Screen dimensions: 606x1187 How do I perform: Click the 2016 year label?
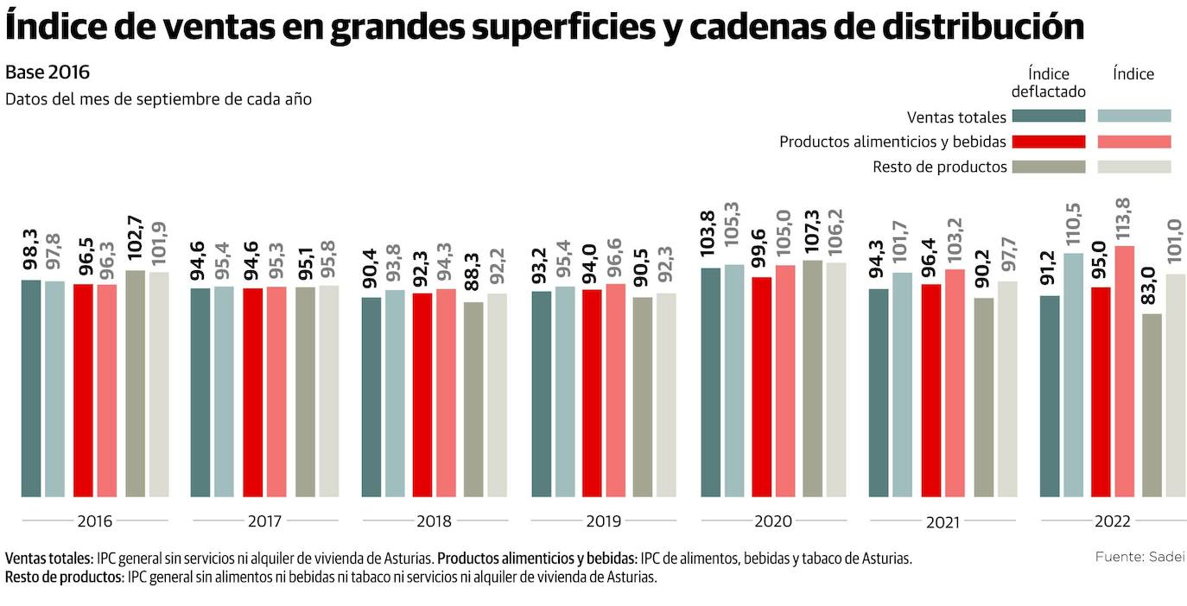click(95, 521)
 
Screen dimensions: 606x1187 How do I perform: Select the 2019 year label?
click(603, 521)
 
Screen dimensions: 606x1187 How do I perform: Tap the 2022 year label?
click(1112, 521)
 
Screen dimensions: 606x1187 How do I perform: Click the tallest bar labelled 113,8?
click(1124, 371)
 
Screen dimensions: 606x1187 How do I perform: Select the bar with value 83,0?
click(1152, 406)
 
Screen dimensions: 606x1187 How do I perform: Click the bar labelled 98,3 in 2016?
click(31, 388)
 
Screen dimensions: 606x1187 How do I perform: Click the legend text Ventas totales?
click(956, 117)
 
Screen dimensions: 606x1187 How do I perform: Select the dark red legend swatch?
click(1048, 142)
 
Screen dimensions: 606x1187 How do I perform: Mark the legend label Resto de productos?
click(940, 167)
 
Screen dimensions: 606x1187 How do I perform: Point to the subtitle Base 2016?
click(48, 72)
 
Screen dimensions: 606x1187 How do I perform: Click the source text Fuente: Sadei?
click(1139, 557)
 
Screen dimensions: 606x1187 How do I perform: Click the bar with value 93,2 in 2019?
click(542, 394)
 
